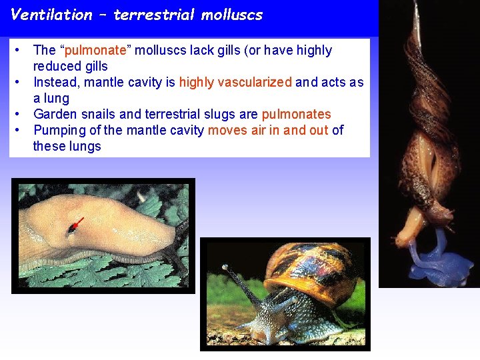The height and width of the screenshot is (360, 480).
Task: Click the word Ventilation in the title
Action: click(x=52, y=15)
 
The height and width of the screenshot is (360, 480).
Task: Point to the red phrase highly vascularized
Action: click(x=235, y=82)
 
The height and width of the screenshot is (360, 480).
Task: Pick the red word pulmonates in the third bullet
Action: click(x=297, y=114)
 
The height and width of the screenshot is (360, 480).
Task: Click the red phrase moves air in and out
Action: click(x=268, y=130)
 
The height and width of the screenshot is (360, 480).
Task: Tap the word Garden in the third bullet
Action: click(x=54, y=114)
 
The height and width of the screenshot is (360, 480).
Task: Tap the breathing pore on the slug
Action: click(x=71, y=229)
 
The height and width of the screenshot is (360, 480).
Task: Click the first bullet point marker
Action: click(x=21, y=50)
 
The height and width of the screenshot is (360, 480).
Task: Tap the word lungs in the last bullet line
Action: click(x=85, y=146)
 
